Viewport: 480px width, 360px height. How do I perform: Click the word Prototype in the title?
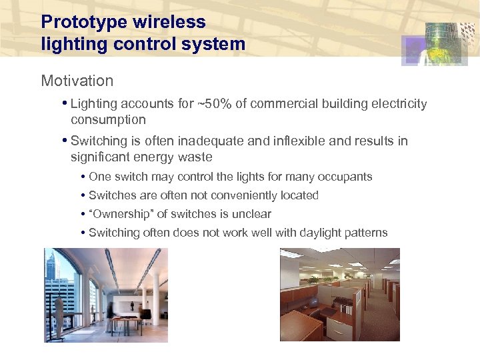(x=85, y=22)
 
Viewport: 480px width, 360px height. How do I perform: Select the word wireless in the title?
(x=169, y=22)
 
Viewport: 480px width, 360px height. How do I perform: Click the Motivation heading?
(x=77, y=81)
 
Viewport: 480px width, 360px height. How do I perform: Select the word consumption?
(x=108, y=120)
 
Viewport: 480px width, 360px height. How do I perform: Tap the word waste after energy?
(x=195, y=157)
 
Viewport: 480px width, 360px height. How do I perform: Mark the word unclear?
(x=251, y=214)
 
